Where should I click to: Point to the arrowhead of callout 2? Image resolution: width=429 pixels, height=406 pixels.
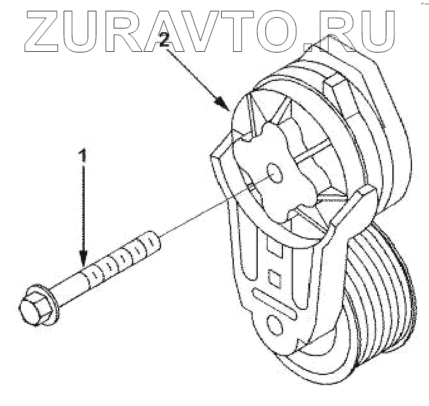[x=223, y=106]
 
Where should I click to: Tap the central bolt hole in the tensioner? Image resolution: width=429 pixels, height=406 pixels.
[x=274, y=172]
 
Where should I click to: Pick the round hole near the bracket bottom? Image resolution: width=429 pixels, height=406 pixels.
[x=275, y=327]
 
